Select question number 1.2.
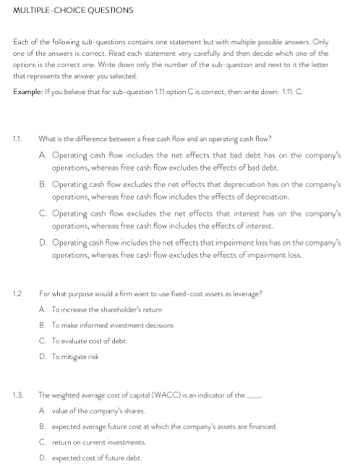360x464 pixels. [17, 292]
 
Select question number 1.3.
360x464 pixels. [17, 395]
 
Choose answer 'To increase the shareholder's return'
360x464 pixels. [100, 309]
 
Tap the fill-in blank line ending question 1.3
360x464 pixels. [257, 397]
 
